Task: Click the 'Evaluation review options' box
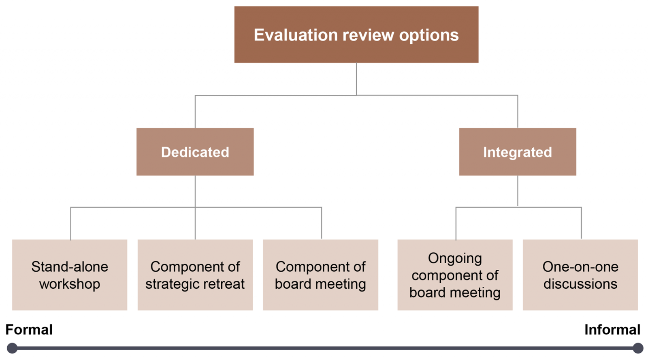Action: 356,35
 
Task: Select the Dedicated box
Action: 195,152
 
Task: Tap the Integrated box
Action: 518,152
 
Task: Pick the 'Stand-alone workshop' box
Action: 70,275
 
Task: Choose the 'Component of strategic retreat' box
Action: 195,275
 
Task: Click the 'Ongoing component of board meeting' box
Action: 455,275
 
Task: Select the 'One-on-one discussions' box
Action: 580,275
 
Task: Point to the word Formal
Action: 29,330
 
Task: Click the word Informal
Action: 612,330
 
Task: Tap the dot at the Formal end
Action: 12,348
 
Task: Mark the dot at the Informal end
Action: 638,348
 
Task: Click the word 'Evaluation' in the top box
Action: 296,35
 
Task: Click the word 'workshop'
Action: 70,284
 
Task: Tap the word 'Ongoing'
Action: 455,259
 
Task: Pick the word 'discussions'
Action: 580,284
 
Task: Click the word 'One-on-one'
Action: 580,266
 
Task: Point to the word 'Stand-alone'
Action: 70,266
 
